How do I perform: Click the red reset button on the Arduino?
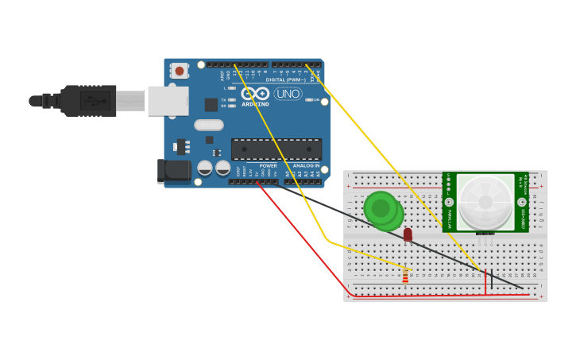(180, 71)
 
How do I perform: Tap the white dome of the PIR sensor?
(485, 202)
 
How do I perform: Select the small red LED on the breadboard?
(408, 234)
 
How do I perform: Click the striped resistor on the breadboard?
(405, 276)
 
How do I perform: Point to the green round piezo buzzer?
(382, 209)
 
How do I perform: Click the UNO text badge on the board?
(288, 94)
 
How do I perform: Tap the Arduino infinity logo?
(255, 94)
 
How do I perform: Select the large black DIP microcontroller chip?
(276, 149)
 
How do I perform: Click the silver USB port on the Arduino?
(168, 101)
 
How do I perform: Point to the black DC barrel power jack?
(174, 171)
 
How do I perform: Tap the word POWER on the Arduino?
(269, 166)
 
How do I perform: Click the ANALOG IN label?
(306, 166)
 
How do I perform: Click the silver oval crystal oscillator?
(208, 125)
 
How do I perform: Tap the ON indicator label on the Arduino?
(315, 100)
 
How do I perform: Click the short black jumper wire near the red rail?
(491, 279)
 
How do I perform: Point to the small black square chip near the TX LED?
(211, 104)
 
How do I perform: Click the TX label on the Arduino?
(224, 100)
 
